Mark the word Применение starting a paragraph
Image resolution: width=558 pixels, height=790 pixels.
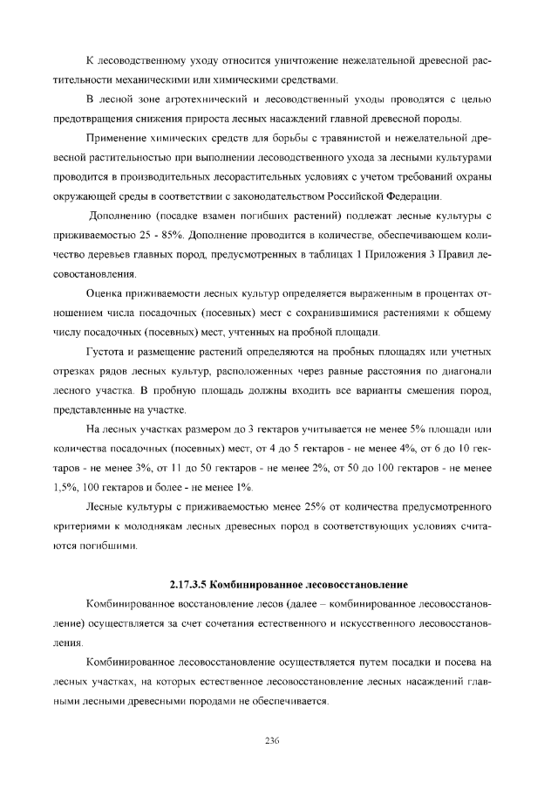(117, 139)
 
